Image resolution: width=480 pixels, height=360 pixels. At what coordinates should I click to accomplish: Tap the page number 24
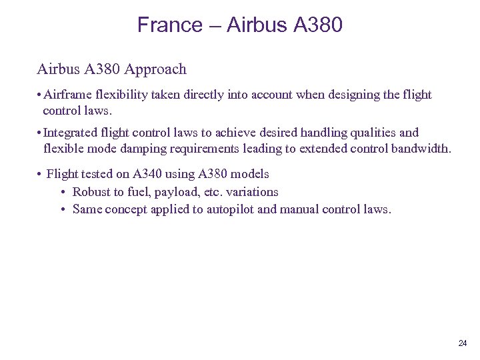tap(463, 343)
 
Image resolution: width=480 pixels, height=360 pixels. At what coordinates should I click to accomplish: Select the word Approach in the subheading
tap(158, 69)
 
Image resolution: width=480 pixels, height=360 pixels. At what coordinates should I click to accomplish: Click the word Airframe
tap(69, 95)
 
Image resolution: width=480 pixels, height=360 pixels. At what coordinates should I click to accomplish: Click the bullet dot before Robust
tap(62, 192)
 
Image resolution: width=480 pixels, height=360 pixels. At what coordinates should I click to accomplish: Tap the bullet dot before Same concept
tap(62, 209)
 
